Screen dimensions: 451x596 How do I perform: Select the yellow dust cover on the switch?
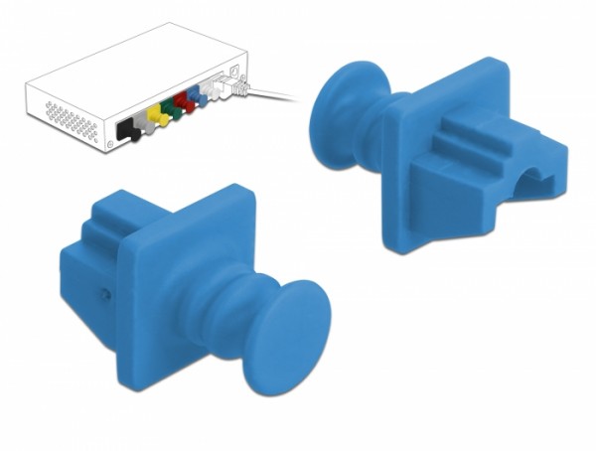[154, 118]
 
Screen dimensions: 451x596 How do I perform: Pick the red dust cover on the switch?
[185, 102]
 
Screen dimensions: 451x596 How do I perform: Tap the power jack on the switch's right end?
[233, 72]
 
